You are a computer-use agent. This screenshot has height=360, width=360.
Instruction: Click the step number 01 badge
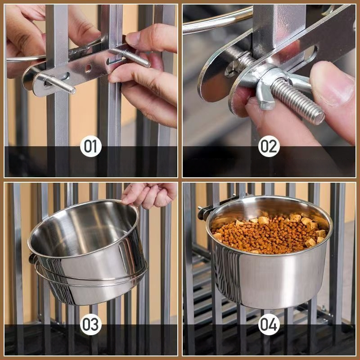coord(91,146)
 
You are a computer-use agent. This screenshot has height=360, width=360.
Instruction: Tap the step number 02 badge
coord(269,146)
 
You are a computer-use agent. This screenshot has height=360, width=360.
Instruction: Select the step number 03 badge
coord(91,324)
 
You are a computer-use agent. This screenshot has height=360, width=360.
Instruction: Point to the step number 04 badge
coord(269,324)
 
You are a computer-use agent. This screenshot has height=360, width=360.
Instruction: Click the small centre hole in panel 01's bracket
coord(88,68)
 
